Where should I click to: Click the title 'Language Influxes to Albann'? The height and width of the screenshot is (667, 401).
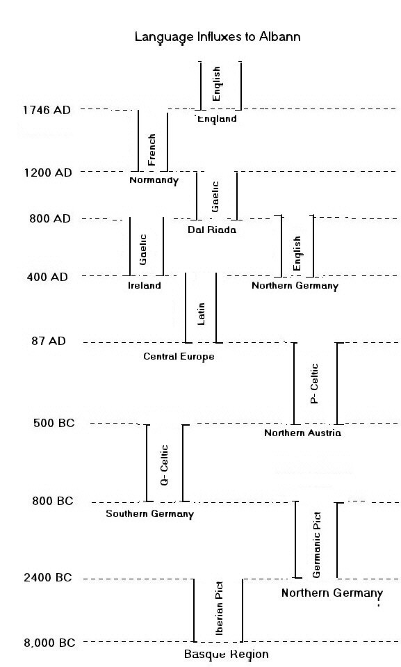click(218, 37)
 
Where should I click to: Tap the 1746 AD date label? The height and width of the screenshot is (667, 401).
click(47, 110)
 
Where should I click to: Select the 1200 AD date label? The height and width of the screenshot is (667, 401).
click(48, 172)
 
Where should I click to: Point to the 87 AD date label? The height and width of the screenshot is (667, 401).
click(49, 341)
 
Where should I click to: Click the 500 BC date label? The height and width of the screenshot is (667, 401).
click(54, 424)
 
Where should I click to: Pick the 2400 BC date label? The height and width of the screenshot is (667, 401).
click(48, 578)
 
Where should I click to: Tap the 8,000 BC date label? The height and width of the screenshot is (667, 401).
click(49, 643)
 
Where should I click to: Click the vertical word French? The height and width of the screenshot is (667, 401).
click(152, 150)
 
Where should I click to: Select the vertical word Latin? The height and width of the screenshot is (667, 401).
click(201, 314)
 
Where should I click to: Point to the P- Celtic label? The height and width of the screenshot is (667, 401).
click(314, 383)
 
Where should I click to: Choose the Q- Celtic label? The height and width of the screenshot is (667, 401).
click(164, 465)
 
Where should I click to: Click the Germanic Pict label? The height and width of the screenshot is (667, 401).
click(316, 545)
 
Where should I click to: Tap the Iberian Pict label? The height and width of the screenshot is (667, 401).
click(220, 609)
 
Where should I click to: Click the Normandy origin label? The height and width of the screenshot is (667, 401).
click(154, 180)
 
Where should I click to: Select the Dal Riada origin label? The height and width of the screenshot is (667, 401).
click(212, 230)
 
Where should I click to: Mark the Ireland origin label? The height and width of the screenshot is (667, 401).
click(145, 285)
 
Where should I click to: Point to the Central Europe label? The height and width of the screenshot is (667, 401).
click(179, 357)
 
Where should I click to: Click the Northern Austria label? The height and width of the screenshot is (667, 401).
click(303, 433)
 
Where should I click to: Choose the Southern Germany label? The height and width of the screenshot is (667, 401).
click(149, 514)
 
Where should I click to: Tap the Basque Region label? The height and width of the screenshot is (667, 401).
click(227, 654)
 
